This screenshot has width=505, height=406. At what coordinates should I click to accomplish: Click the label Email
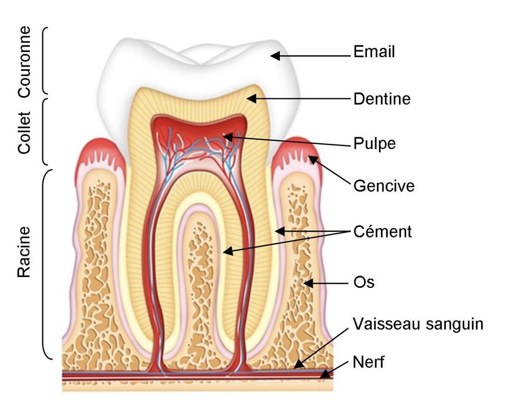point(374,52)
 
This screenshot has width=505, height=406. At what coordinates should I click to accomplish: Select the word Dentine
point(382,99)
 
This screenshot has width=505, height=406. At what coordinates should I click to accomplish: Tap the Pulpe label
point(374,143)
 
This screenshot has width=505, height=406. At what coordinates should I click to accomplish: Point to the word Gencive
point(384,186)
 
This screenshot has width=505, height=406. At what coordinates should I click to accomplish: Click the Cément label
point(383,232)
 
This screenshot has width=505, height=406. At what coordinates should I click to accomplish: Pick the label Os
point(364,283)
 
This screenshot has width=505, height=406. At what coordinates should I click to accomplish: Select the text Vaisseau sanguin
point(418,324)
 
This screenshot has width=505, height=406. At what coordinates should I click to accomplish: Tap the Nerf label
point(369,362)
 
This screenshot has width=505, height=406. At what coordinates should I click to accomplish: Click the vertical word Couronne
point(25,61)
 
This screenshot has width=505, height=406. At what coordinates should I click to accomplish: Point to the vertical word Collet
point(24,132)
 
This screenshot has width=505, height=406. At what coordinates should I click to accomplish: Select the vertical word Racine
point(24,252)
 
